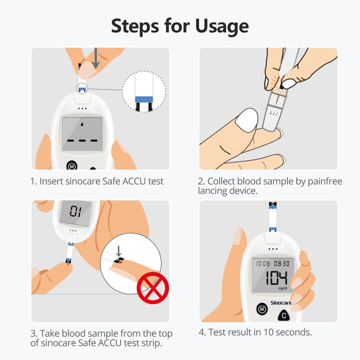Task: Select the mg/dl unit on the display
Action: pyautogui.click(x=282, y=288)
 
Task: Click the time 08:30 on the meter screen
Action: pyautogui.click(x=281, y=263)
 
